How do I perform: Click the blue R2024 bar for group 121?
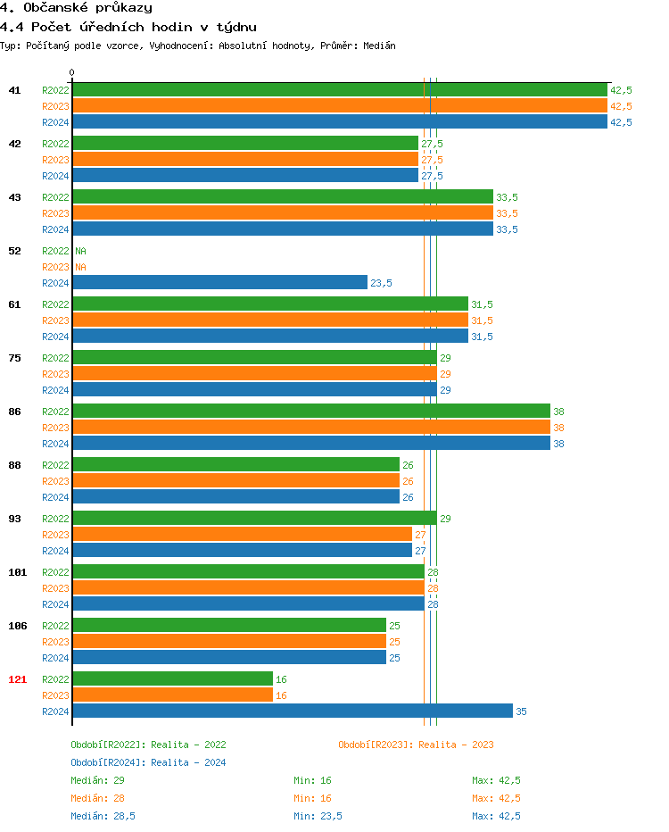coord(293,711)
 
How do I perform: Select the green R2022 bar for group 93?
coord(254,519)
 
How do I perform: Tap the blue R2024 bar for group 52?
coord(219,283)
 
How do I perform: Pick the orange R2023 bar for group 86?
coord(311,428)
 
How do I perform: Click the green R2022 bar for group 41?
coord(340,90)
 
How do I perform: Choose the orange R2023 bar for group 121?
coord(172,695)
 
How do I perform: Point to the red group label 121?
coord(17,679)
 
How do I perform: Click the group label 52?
coord(14,251)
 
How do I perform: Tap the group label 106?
coord(17,626)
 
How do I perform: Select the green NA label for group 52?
coord(80,251)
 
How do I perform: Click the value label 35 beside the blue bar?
coord(521,711)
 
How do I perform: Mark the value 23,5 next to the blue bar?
coord(381,283)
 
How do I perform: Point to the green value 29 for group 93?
coord(445,519)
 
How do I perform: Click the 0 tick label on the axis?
coord(72,73)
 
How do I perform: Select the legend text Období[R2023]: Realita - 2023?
coord(416,745)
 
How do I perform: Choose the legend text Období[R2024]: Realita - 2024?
coord(148,762)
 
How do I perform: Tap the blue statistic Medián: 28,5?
coord(103,816)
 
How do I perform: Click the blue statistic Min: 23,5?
coord(318,816)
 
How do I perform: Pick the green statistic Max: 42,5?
coord(496,780)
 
